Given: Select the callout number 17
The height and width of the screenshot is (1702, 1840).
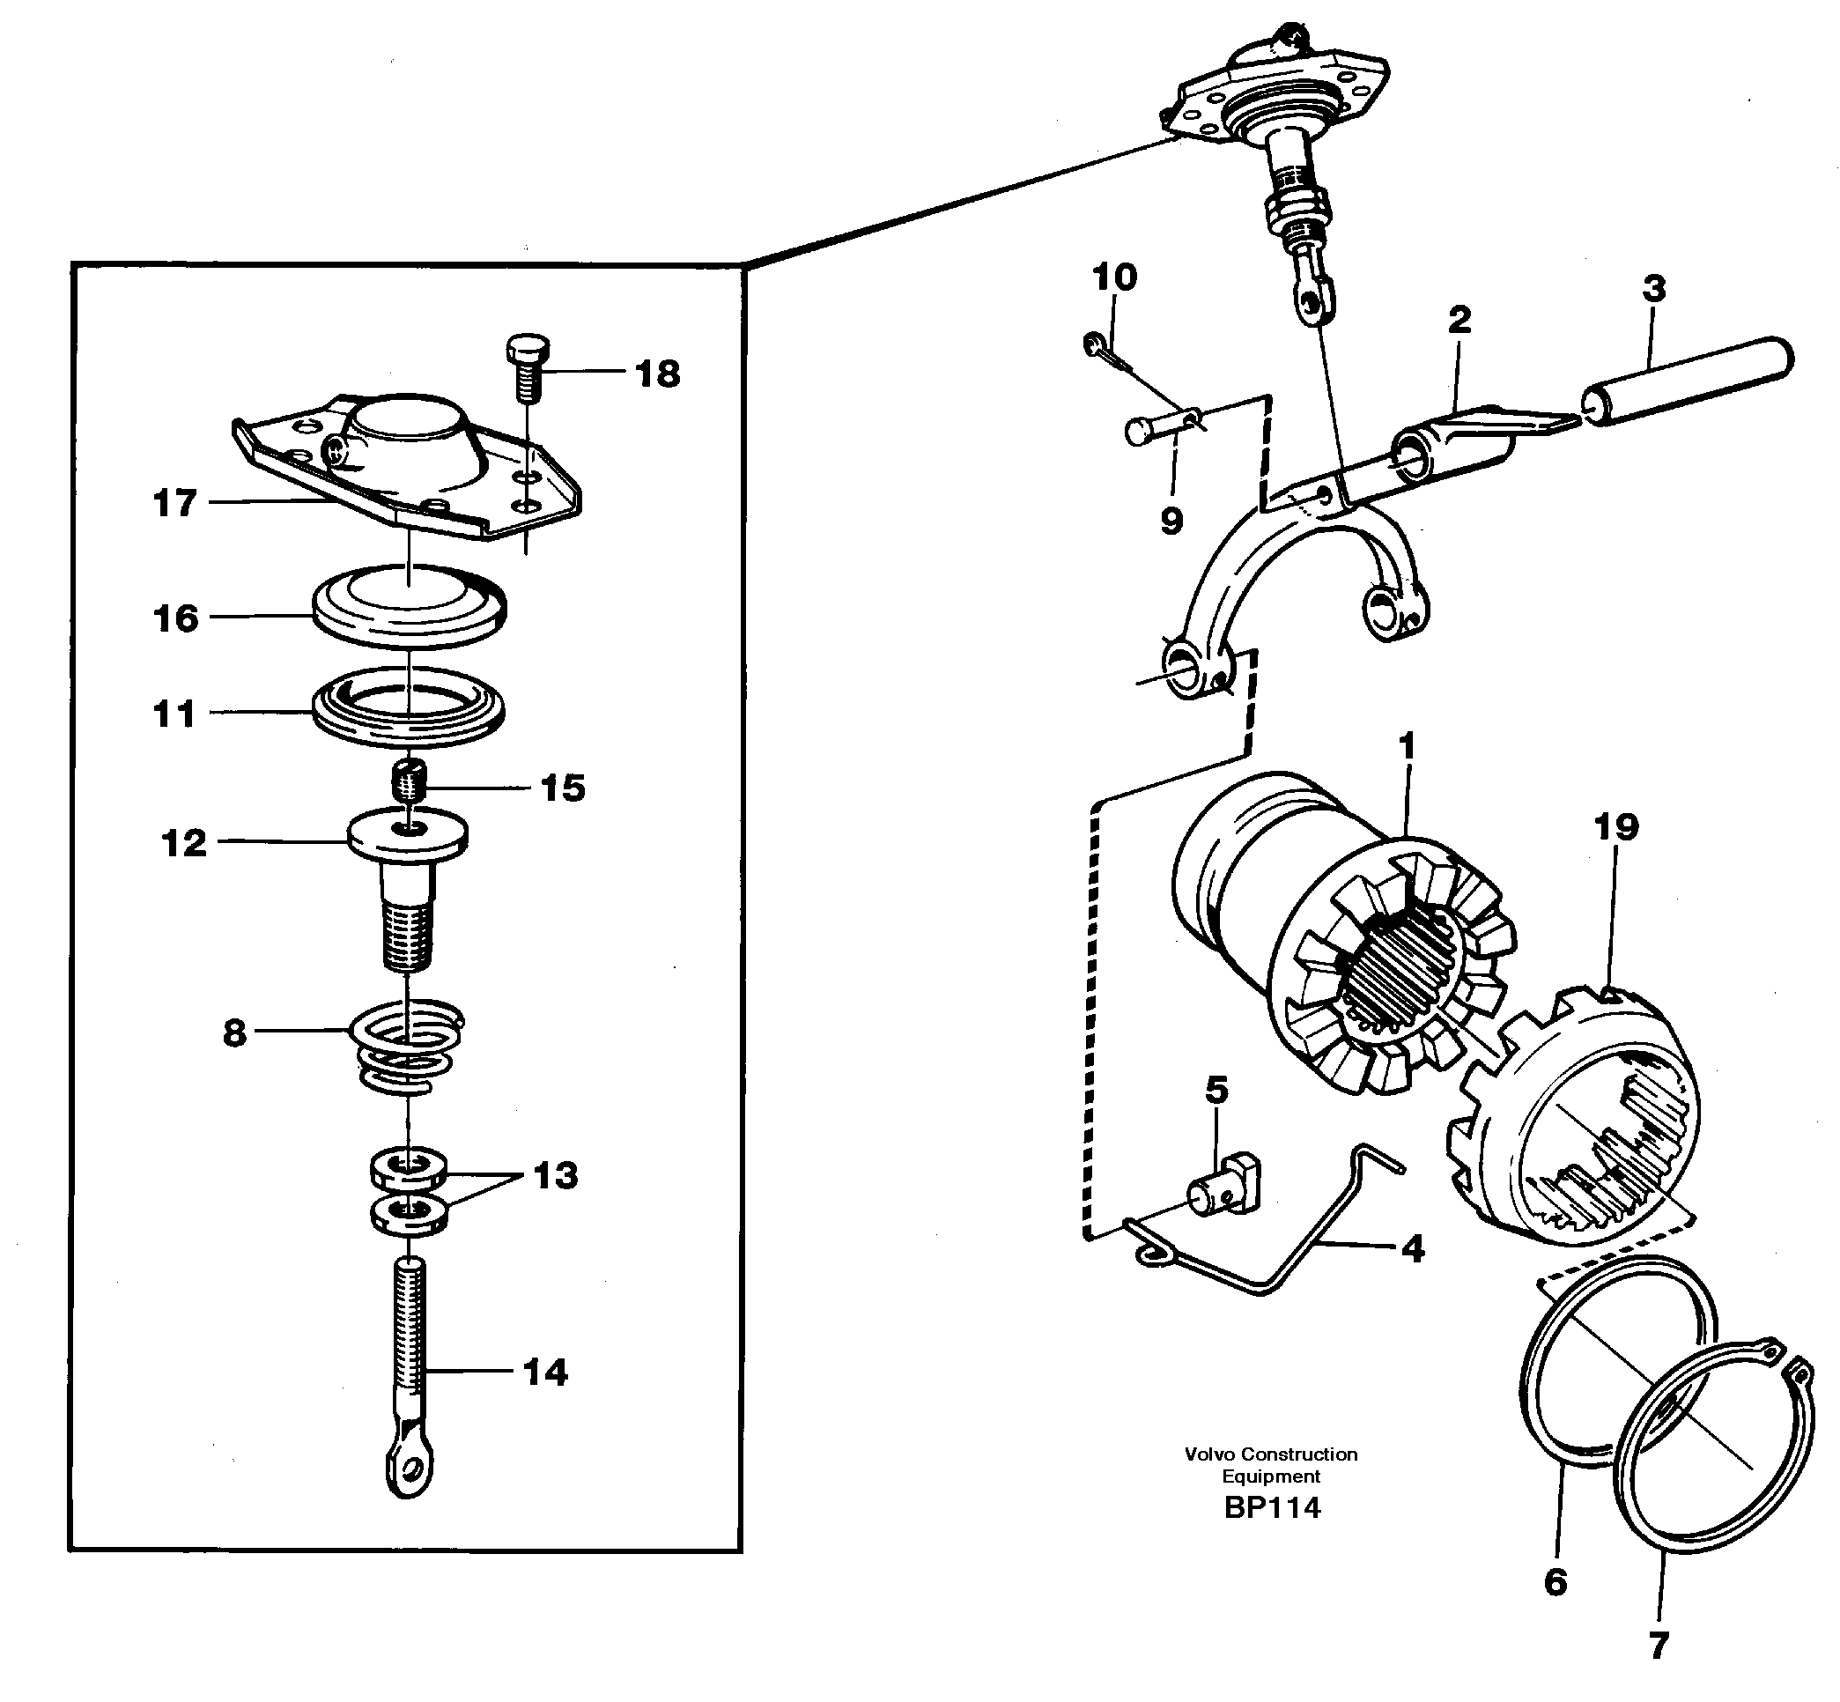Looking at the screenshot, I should (x=174, y=503).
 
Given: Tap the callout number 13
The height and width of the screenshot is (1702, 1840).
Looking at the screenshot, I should (x=555, y=1175).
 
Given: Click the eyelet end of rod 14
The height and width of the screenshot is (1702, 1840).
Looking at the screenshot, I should (x=408, y=1470).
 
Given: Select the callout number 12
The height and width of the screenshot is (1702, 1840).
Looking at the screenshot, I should (x=184, y=843).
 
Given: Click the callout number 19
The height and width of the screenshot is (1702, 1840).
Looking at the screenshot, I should (x=1616, y=827).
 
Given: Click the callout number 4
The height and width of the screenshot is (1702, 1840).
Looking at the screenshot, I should (x=1412, y=1250).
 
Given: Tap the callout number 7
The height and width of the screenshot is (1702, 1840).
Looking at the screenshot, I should (x=1658, y=1646).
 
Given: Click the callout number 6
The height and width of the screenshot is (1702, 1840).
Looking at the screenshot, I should (x=1555, y=1582).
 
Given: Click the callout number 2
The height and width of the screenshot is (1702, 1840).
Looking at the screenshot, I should (x=1459, y=321).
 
